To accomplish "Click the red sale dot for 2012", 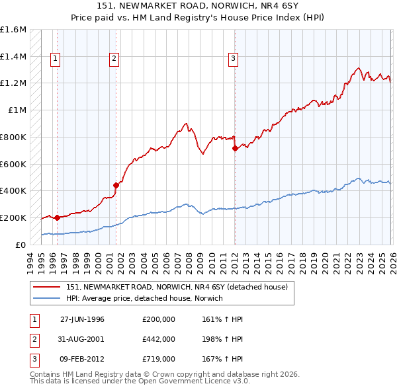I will coord(235,148).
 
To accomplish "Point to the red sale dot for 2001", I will coord(116,185).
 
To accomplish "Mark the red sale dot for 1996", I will coord(57,217).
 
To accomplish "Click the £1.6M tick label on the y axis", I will coord(13,30).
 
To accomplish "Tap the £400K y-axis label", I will coord(13,191).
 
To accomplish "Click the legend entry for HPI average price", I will coord(144,299).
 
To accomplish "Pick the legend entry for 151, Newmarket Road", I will coord(177,288).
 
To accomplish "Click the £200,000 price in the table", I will coord(159,319).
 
